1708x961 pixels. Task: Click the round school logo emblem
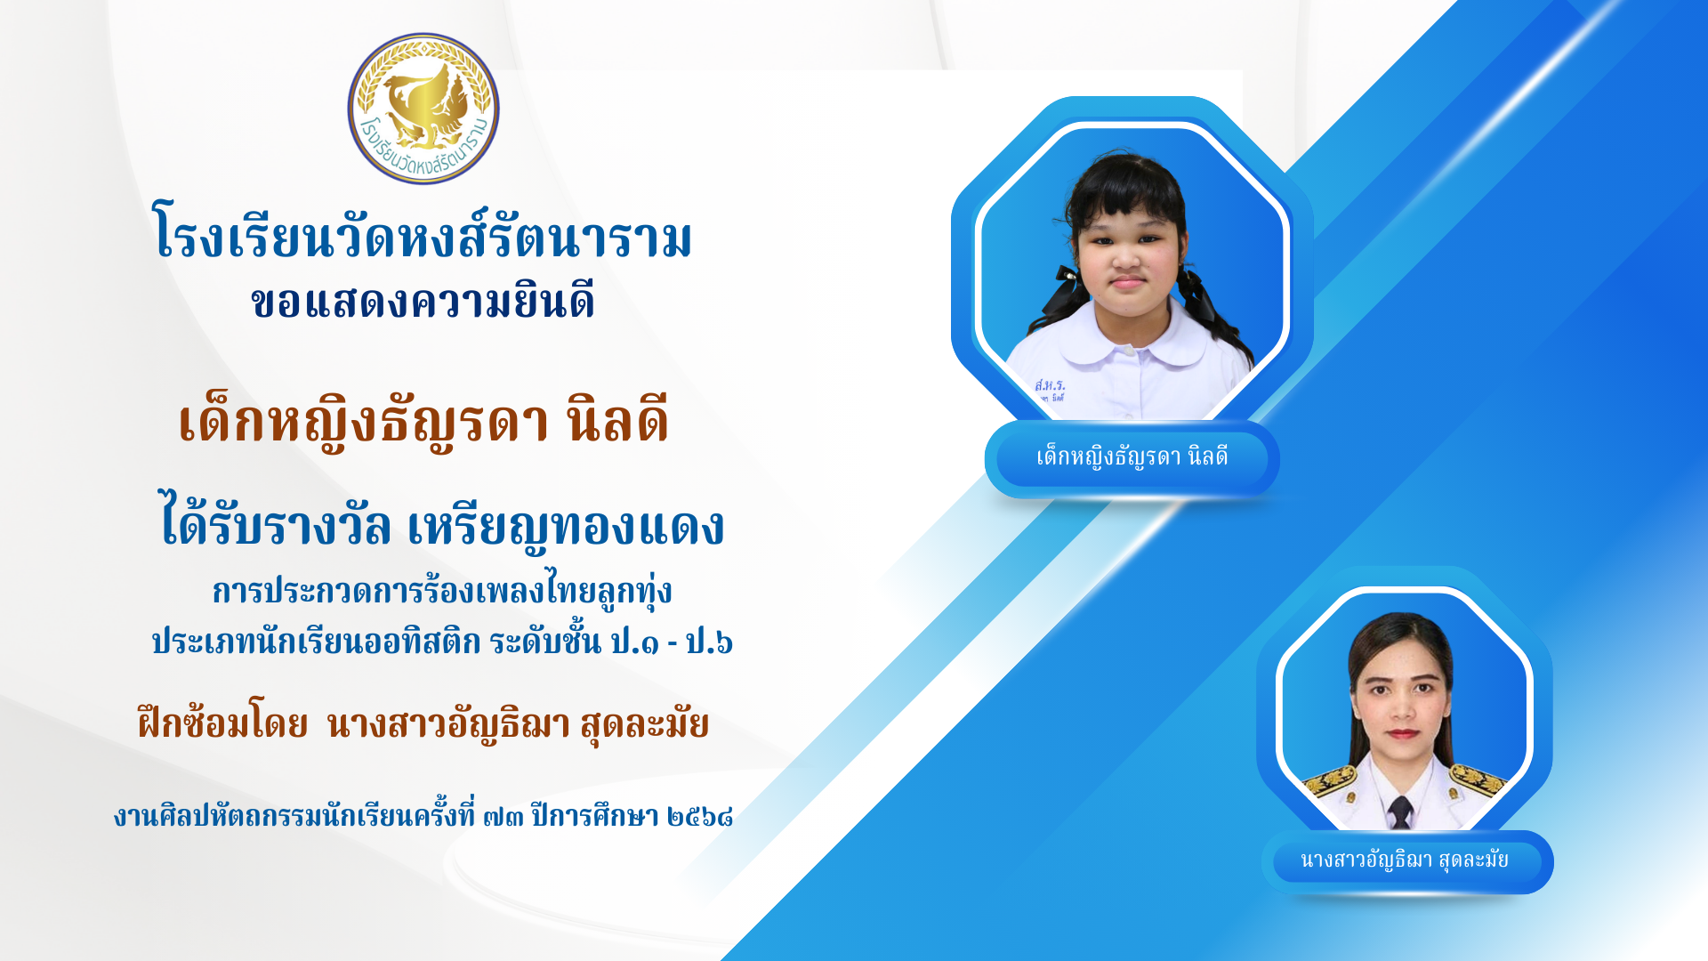pyautogui.click(x=423, y=109)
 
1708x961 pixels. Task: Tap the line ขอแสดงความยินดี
pyautogui.click(x=423, y=302)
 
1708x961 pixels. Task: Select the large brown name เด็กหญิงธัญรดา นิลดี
pyautogui.click(x=423, y=420)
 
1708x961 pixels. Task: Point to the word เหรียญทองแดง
pyautogui.click(x=566, y=524)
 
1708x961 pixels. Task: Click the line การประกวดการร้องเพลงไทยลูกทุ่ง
pyautogui.click(x=442, y=591)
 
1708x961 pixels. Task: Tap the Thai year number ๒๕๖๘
pyautogui.click(x=700, y=816)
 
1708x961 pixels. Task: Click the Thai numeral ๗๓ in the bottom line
pyautogui.click(x=503, y=816)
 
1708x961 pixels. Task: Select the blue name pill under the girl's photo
pyautogui.click(x=1132, y=458)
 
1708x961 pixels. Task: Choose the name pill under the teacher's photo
pyautogui.click(x=1406, y=861)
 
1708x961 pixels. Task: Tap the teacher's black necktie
pyautogui.click(x=1400, y=812)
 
